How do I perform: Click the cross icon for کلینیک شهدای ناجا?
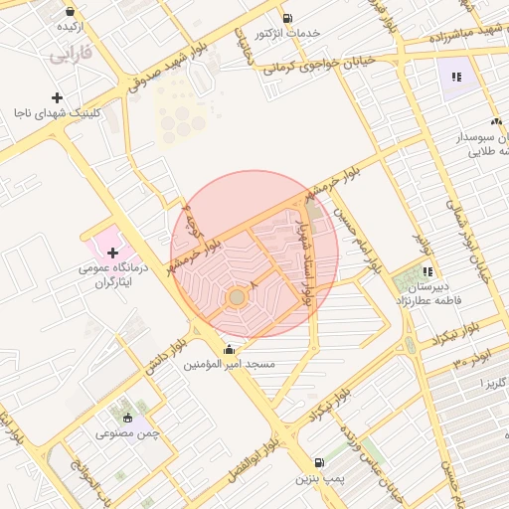pos(58,97)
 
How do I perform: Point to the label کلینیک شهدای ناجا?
pos(58,113)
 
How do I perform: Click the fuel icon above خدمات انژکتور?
pos(287,18)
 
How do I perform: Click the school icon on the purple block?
pos(457,77)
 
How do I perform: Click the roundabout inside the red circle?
pos(237,296)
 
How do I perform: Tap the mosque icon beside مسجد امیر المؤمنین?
pos(232,349)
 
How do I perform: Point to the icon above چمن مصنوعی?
pos(126,418)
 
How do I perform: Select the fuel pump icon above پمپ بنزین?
pos(318,462)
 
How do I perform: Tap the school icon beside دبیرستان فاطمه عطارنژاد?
pos(427,270)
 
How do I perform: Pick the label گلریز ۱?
pos(492,383)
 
